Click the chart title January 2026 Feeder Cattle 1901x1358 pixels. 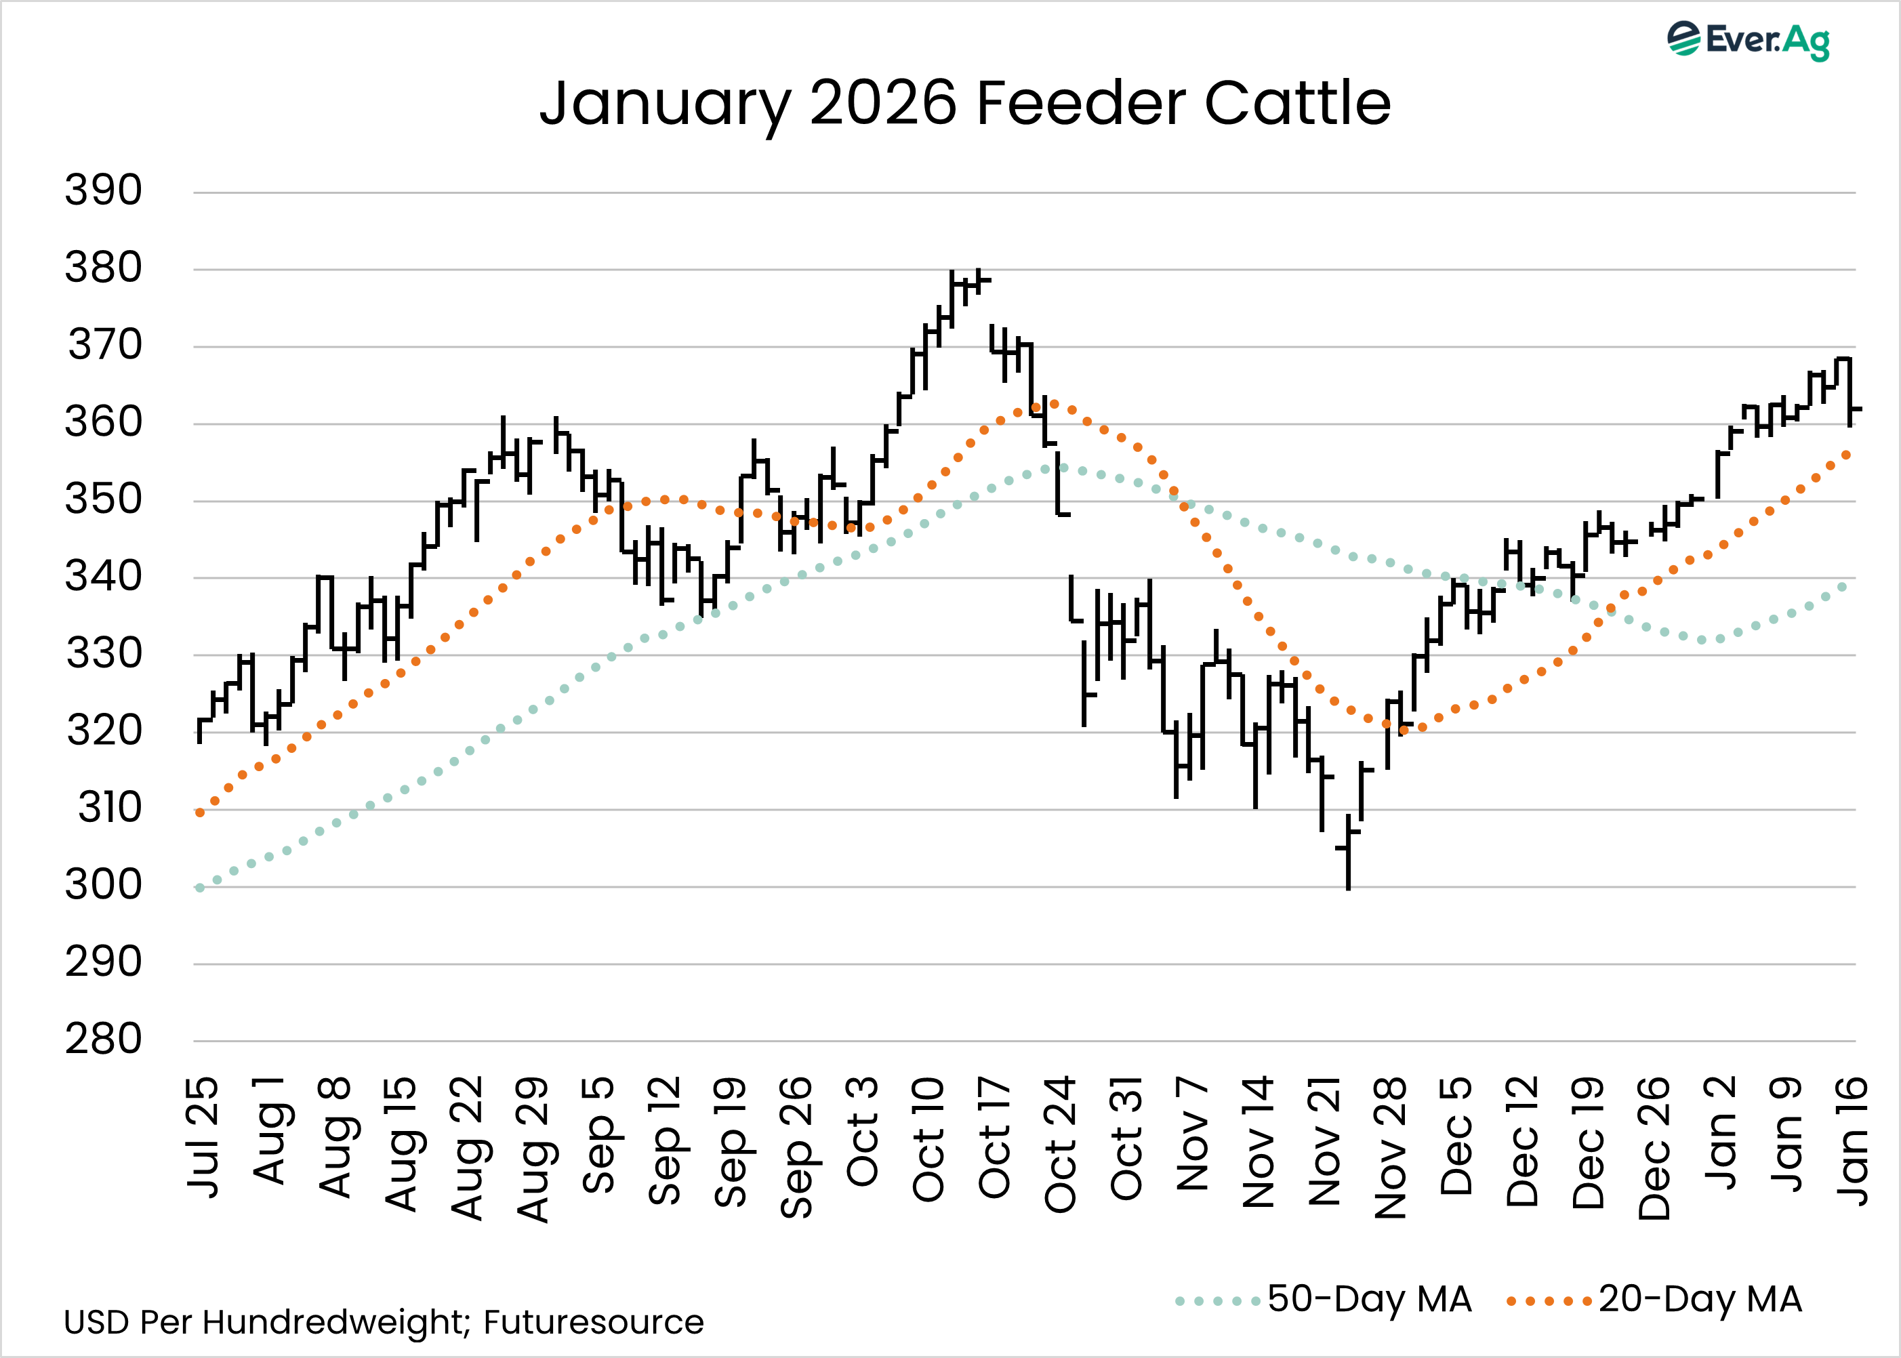(x=964, y=104)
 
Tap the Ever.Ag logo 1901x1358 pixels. (x=1749, y=40)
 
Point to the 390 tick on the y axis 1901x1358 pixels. (x=104, y=190)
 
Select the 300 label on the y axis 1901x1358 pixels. (x=104, y=885)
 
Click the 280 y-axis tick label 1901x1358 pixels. (x=104, y=1040)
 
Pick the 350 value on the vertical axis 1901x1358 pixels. (x=104, y=499)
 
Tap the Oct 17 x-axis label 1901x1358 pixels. (x=994, y=1137)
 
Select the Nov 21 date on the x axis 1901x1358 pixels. (x=1324, y=1141)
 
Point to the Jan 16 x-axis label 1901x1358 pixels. (x=1852, y=1141)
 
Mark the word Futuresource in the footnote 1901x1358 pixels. (x=593, y=1323)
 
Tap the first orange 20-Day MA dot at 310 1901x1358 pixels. (x=200, y=812)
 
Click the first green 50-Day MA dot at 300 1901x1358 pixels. (x=200, y=888)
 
